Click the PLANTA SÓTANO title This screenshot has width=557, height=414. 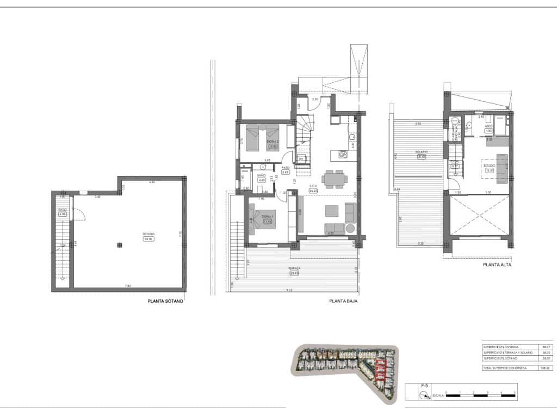165,300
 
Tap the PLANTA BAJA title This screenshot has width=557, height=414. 343,300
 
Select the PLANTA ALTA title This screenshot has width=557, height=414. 497,266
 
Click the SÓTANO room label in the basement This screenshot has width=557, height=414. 147,236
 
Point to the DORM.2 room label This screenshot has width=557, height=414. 273,143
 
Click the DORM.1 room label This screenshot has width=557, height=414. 267,219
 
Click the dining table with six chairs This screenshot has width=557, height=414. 333,178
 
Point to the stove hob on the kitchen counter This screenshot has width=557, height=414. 343,155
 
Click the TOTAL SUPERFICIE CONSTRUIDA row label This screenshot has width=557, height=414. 501,368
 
